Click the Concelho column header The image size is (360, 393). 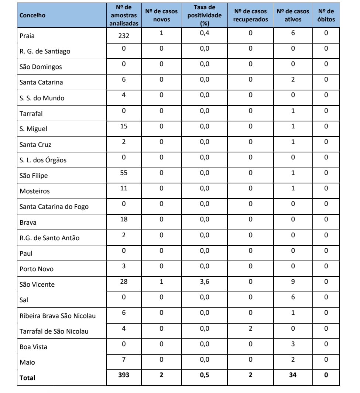coord(32,15)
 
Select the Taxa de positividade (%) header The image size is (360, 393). coord(204,15)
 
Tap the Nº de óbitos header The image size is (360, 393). coord(326,15)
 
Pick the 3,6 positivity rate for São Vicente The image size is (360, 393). coord(204,282)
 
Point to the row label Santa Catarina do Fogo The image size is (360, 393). coord(54,207)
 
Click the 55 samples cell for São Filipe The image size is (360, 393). coord(124,173)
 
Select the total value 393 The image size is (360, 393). coord(124,375)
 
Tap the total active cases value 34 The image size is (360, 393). coord(293,375)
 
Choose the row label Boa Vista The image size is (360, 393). coord(33,347)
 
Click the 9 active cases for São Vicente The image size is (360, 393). coord(293,282)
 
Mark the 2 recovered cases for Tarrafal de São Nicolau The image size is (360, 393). coord(250,328)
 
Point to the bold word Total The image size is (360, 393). coord(27,378)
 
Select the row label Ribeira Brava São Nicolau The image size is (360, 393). coord(57,316)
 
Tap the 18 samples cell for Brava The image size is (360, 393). coord(124,220)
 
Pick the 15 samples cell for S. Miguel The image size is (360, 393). coord(124,126)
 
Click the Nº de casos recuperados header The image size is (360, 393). coord(250,15)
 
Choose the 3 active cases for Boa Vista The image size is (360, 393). coord(293,344)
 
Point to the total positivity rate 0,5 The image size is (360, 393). coord(204,375)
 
